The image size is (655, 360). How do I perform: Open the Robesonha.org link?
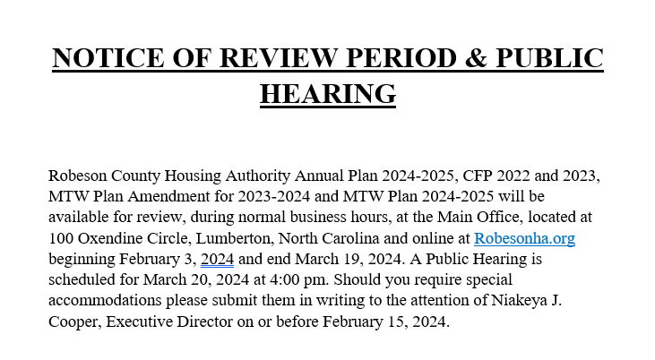click(523, 238)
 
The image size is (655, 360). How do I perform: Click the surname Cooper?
click(74, 321)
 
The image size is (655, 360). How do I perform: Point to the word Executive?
click(142, 321)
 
